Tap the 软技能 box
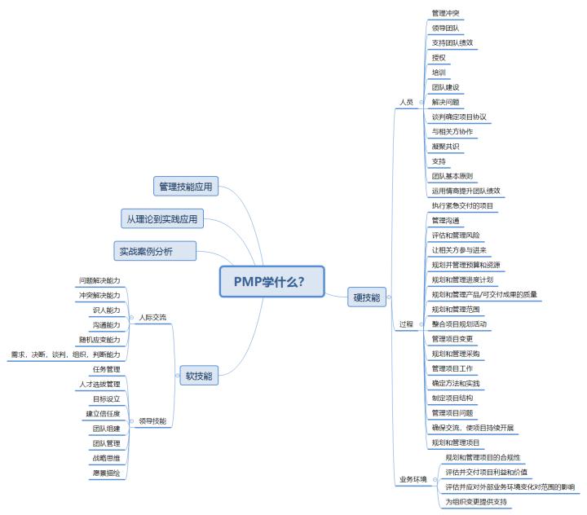(x=199, y=376)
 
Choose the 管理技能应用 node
(x=184, y=187)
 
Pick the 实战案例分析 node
(x=155, y=250)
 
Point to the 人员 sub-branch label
(x=406, y=103)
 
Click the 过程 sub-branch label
(x=406, y=324)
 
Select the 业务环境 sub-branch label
(x=413, y=479)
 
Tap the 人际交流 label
(x=152, y=317)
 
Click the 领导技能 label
(x=152, y=421)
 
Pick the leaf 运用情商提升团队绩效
(x=466, y=191)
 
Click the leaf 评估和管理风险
(x=456, y=235)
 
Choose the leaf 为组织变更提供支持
(x=476, y=501)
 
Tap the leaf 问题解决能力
(x=99, y=280)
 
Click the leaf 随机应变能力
(x=99, y=339)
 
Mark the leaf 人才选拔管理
(x=99, y=384)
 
